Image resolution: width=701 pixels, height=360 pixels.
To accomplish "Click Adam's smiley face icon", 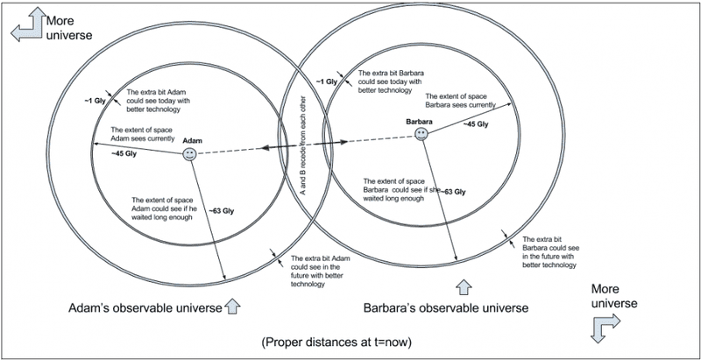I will click(x=188, y=154).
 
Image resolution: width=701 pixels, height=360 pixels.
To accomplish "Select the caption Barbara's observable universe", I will click(x=446, y=308).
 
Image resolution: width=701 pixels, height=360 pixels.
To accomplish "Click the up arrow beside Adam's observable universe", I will click(x=231, y=306).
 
